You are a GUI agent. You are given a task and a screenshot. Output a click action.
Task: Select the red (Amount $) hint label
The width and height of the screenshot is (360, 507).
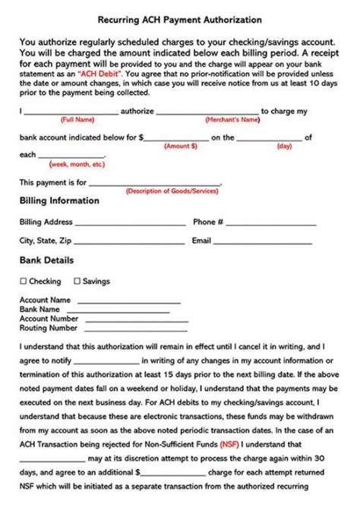181,146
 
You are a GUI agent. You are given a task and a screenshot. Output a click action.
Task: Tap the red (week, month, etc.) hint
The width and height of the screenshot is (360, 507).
77,164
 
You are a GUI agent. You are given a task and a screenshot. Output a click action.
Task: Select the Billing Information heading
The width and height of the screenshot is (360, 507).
58,201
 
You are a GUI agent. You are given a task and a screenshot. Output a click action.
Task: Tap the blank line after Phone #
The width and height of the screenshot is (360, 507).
271,225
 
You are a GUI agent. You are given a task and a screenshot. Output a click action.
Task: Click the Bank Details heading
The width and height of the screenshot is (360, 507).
46,260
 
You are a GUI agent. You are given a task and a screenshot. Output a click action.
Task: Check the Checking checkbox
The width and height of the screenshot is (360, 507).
23,282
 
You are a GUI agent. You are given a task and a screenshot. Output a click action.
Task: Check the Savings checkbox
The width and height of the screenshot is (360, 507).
76,282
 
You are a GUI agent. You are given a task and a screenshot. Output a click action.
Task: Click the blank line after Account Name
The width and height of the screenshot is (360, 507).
128,302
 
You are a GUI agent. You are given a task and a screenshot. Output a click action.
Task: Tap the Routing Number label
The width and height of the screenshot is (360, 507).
48,329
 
